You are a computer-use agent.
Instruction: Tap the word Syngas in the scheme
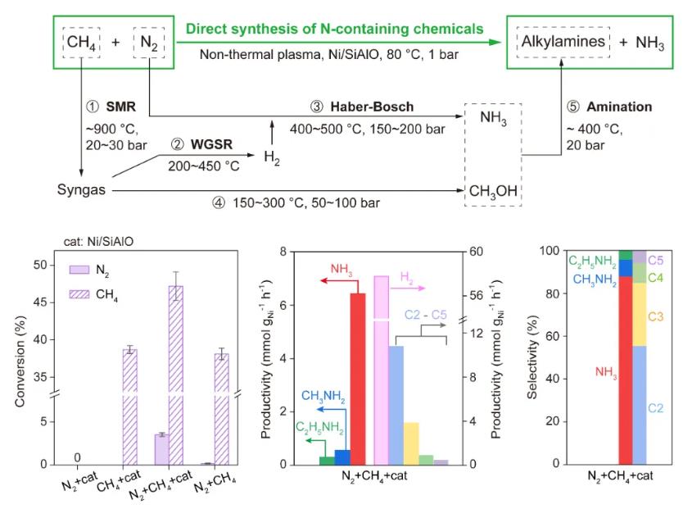[81, 189]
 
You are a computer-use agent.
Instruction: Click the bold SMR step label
[120, 107]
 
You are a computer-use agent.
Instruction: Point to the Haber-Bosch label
[372, 107]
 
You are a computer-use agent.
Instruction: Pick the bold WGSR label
[211, 144]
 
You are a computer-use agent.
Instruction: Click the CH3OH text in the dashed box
[493, 191]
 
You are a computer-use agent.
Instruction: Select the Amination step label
[619, 107]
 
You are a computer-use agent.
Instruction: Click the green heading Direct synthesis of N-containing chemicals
[334, 29]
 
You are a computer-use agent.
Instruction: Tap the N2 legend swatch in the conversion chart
[79, 270]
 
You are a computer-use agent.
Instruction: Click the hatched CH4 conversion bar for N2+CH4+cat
[176, 375]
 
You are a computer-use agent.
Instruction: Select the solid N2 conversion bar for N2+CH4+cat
[161, 449]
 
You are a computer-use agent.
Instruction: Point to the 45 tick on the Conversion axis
[40, 302]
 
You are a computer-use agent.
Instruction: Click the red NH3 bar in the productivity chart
[358, 379]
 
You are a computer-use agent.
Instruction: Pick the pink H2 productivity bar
[381, 370]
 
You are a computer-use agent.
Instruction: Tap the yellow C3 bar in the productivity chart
[411, 443]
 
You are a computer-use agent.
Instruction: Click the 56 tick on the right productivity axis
[477, 295]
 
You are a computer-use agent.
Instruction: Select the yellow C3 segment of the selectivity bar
[639, 315]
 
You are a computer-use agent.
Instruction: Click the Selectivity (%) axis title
[531, 357]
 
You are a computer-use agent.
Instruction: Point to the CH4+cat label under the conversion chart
[119, 480]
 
